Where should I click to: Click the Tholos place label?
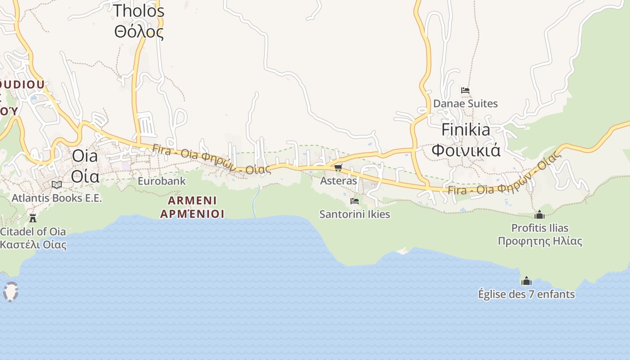[x=139, y=11]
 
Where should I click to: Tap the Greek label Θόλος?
[x=139, y=32]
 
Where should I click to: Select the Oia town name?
[x=85, y=156]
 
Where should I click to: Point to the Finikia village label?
[x=466, y=130]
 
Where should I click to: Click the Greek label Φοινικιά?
[x=466, y=150]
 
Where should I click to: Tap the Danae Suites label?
[x=465, y=103]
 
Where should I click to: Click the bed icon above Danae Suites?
[x=465, y=90]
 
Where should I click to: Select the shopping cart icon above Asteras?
[x=338, y=168]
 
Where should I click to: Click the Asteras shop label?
[x=338, y=181]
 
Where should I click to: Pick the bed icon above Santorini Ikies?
[x=355, y=201]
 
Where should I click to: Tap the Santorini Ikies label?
[x=355, y=214]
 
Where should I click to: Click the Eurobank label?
[x=162, y=181]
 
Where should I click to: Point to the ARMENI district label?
[x=192, y=200]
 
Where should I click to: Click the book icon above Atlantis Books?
[x=57, y=184]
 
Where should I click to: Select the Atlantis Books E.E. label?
[x=57, y=198]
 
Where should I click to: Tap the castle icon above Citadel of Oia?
[x=33, y=218]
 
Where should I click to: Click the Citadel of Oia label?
[x=33, y=232]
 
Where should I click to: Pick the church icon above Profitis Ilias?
[x=540, y=215]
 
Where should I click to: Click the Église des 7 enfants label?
[x=526, y=294]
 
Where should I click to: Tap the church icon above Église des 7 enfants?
[x=526, y=281]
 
